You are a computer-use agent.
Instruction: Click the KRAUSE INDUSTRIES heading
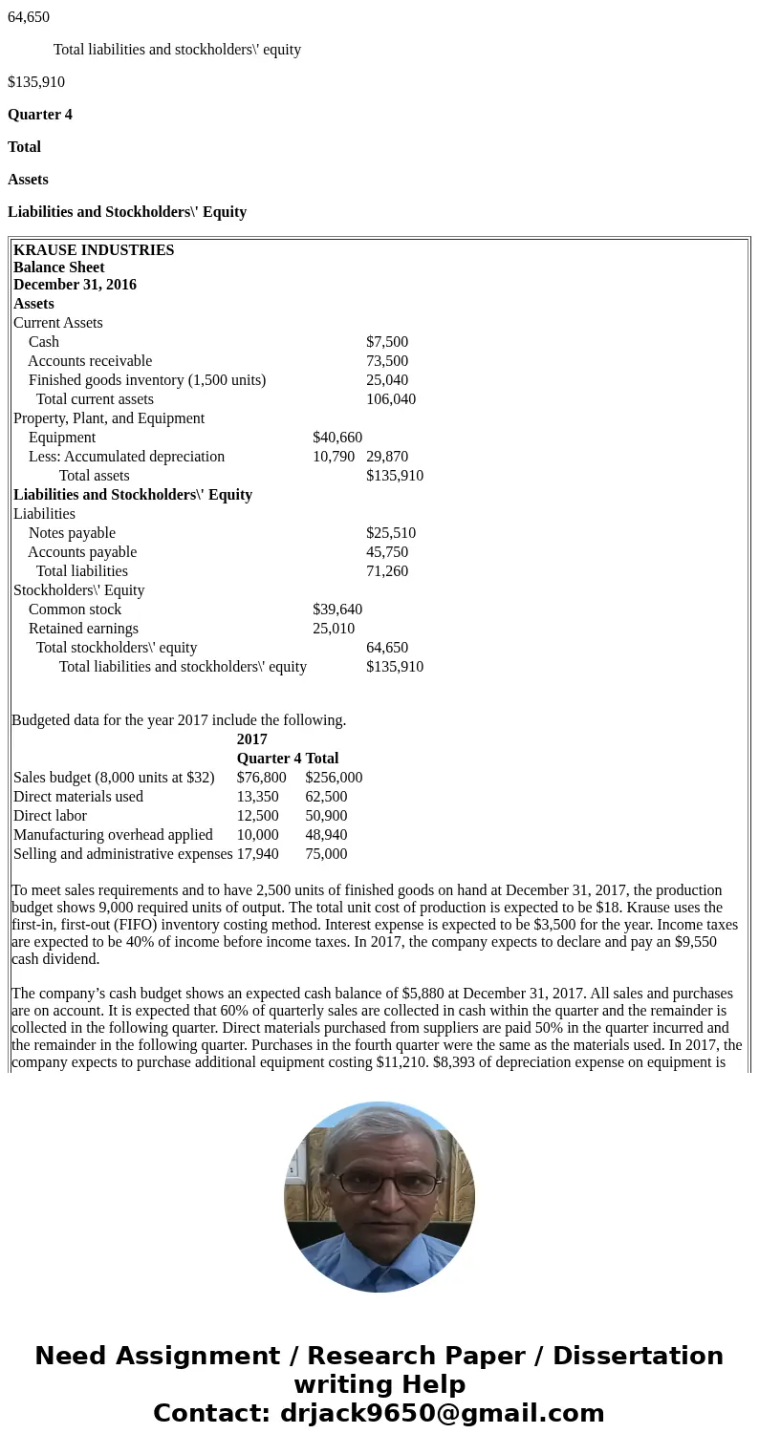(x=94, y=250)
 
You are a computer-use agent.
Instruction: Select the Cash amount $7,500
(x=387, y=342)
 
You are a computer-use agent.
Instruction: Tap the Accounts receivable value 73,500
(x=387, y=361)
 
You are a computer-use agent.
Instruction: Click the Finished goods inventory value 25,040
(x=387, y=380)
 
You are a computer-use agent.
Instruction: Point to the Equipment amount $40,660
(x=337, y=438)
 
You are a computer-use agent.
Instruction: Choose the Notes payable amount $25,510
(x=391, y=533)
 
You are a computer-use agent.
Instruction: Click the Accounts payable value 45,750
(x=387, y=552)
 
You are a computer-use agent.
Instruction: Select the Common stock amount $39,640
(x=337, y=610)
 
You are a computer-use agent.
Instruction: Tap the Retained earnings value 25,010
(x=334, y=629)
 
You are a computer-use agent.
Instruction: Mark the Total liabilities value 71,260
(x=387, y=571)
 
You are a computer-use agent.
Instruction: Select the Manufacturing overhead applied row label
(x=113, y=835)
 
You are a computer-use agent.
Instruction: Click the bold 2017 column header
(x=252, y=739)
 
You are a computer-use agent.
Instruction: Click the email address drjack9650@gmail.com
(x=442, y=1413)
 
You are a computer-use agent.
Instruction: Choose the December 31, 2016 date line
(x=75, y=285)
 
